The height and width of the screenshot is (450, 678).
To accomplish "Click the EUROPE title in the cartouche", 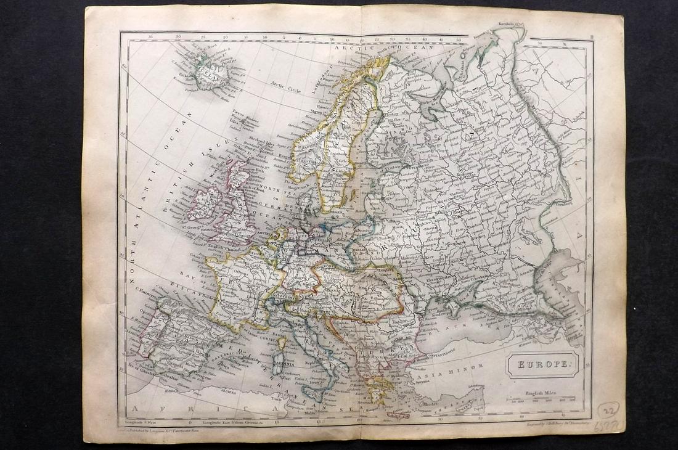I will tap(542, 365).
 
